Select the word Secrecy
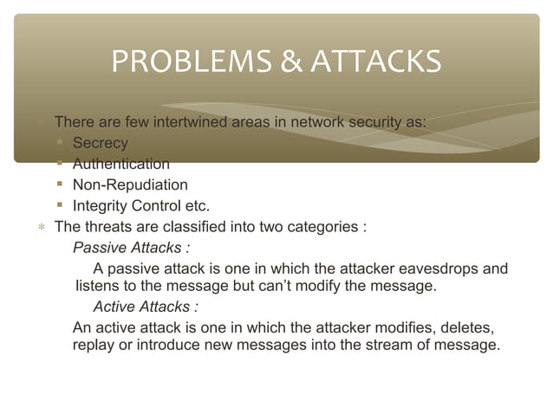coord(101,143)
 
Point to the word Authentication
coord(121,164)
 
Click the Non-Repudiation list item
coord(130,184)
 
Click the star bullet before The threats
coord(40,228)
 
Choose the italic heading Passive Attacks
coord(131,248)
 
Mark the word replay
coord(94,346)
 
